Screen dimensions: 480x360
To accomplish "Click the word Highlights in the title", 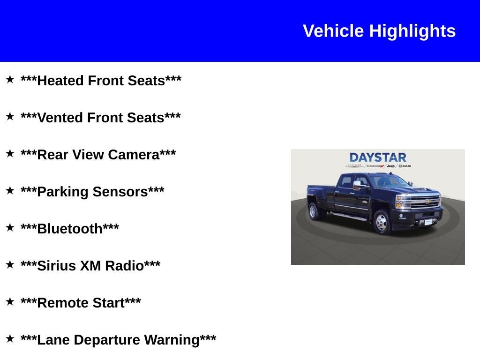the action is coord(412,31).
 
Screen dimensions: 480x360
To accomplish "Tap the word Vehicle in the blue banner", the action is coord(333,31).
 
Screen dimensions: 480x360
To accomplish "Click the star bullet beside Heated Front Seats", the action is coord(10,79).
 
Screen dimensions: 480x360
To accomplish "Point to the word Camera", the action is coord(134,155).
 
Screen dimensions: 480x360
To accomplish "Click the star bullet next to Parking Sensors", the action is coord(10,190).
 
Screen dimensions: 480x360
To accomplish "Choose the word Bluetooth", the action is coord(69,229).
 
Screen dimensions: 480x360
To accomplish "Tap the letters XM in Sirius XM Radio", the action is coord(90,266).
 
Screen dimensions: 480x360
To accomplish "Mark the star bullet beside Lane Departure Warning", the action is coord(10,338).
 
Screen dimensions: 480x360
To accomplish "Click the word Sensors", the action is coord(120,192).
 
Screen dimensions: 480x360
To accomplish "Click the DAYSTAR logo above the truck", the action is coord(378,157).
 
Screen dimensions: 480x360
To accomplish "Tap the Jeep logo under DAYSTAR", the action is coord(390,166).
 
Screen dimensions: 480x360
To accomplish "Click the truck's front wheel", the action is coord(381,222).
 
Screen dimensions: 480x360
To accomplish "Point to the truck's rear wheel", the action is coord(313,211).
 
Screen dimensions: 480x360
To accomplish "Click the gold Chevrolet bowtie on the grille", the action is coord(428,202).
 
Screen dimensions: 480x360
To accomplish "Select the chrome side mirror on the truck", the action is coord(357,185).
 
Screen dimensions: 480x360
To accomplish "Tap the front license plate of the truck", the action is coord(428,222).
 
